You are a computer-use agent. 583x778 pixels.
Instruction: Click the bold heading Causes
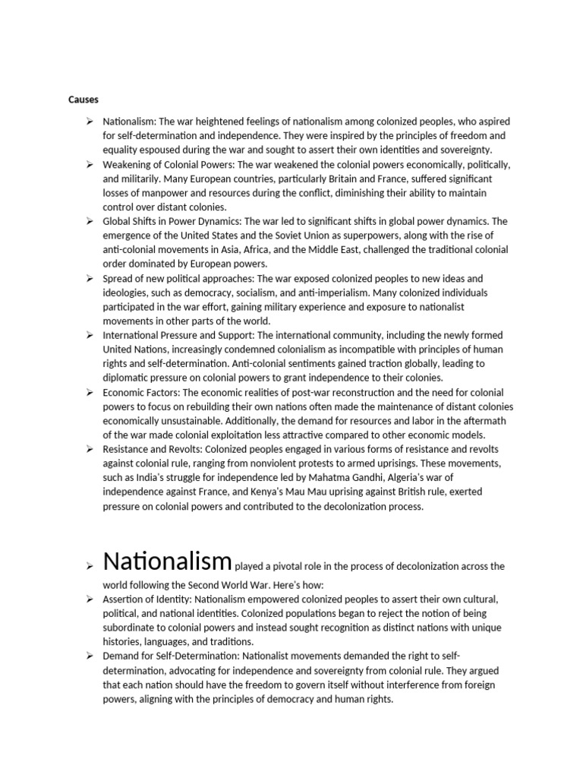click(84, 100)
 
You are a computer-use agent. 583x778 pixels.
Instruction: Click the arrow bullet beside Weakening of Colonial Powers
click(90, 164)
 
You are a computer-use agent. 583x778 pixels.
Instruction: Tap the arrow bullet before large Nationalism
click(90, 567)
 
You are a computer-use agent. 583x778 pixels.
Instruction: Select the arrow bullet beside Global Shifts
click(90, 221)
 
